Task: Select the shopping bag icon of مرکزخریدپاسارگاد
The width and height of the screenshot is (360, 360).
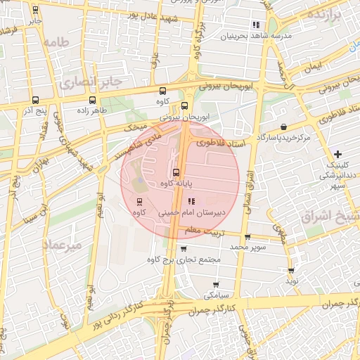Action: pyautogui.click(x=283, y=127)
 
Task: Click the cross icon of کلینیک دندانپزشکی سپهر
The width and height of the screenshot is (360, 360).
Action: pyautogui.click(x=338, y=153)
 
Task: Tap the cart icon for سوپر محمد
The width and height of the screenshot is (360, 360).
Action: pyautogui.click(x=247, y=237)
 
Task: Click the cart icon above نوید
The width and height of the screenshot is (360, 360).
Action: pyautogui.click(x=291, y=270)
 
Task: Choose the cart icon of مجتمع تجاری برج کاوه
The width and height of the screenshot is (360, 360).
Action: pyautogui.click(x=184, y=248)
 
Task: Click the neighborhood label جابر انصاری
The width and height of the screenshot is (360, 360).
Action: pyautogui.click(x=91, y=82)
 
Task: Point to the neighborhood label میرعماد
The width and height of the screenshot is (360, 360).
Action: pyautogui.click(x=63, y=244)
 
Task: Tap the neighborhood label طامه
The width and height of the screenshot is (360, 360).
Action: pyautogui.click(x=58, y=42)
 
